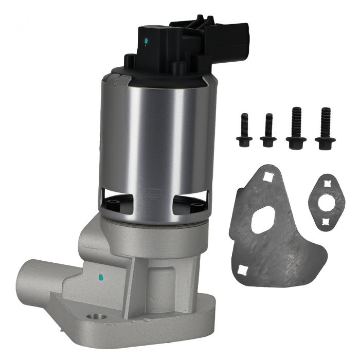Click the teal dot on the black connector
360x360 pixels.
click(148, 40)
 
